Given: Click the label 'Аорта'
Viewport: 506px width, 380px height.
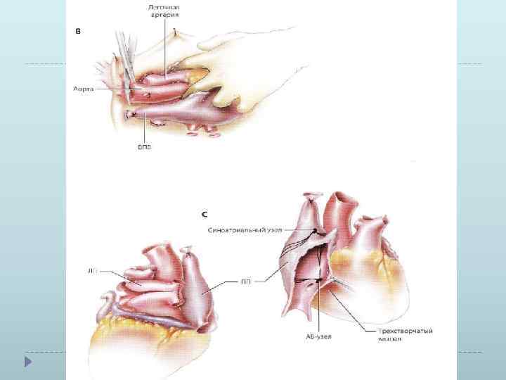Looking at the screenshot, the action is coord(84,90).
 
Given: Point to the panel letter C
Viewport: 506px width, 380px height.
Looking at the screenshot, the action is coord(203,211).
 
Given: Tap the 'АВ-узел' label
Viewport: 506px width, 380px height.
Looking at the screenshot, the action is coord(320,336).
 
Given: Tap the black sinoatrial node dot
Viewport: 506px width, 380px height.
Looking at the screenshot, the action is coord(316,231).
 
